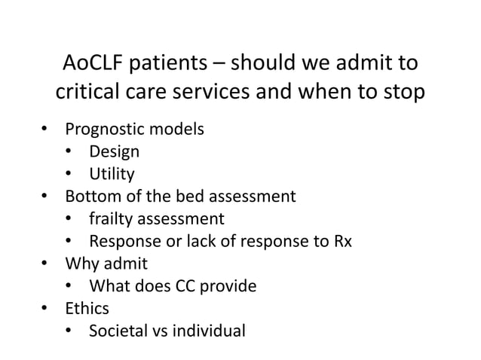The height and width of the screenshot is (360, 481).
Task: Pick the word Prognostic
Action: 106,130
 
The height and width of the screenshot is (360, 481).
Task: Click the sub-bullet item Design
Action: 114,152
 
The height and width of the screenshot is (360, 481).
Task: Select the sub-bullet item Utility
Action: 112,175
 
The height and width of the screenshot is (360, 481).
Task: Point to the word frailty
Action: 112,220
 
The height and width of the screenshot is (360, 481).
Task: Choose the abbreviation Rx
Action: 342,243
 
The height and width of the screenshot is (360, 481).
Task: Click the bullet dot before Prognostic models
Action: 45,130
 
